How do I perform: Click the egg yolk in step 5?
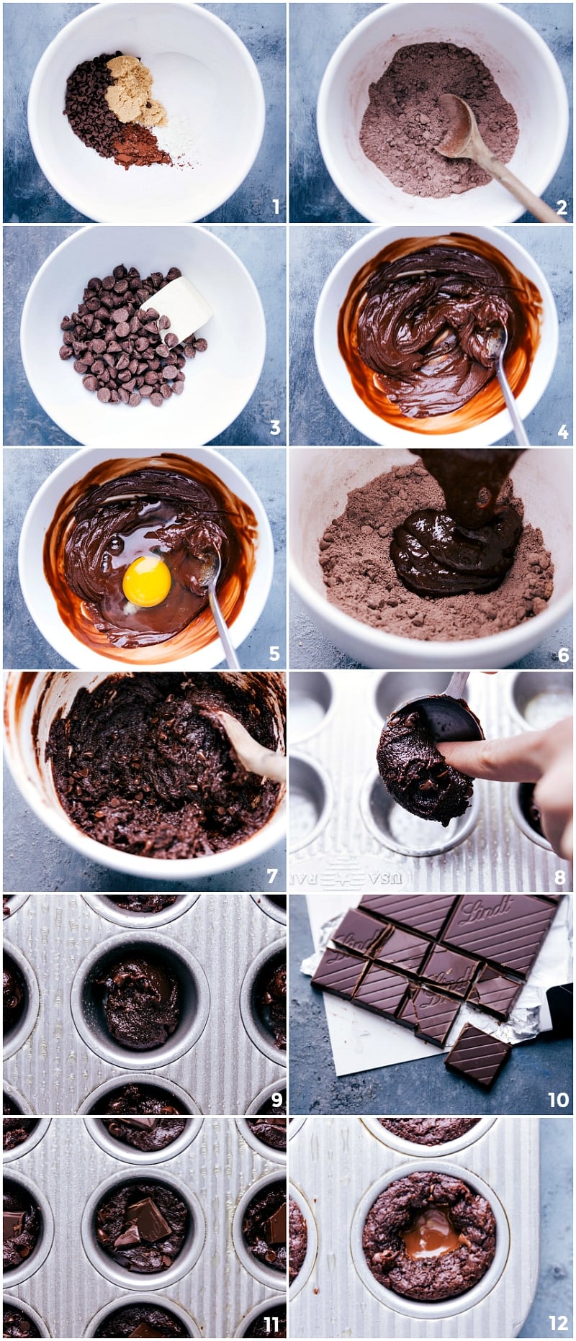(x=147, y=581)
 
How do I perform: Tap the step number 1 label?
(x=275, y=208)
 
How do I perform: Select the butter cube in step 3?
(x=178, y=307)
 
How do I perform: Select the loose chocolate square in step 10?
(x=477, y=1055)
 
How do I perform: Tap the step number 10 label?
(x=558, y=1099)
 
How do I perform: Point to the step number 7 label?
(x=272, y=876)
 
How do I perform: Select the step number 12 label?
(x=558, y=1323)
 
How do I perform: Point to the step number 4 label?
(x=562, y=432)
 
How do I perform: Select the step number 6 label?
(x=562, y=654)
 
